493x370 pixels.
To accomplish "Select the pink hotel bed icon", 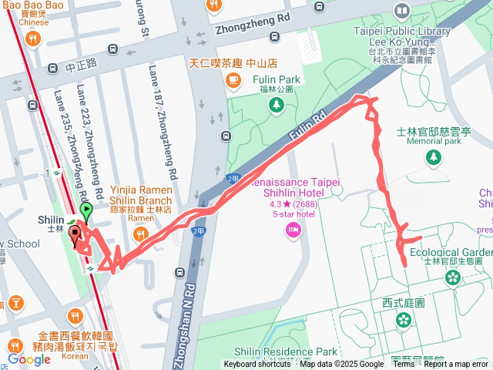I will (x=293, y=229).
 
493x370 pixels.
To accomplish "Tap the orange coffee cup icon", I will (x=232, y=79).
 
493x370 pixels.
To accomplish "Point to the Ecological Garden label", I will (x=451, y=252).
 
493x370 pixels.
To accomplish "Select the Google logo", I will (x=29, y=358).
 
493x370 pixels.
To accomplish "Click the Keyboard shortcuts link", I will (x=257, y=365).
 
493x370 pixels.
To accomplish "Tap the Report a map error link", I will (x=456, y=365).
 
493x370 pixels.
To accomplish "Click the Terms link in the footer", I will (x=404, y=365).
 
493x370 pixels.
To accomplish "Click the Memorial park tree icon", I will (x=434, y=157).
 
